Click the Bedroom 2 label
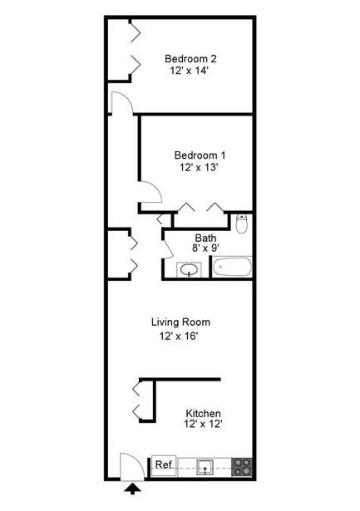[x=190, y=59]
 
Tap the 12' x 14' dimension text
[x=189, y=71]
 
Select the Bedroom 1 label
[x=200, y=155]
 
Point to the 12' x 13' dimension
[x=199, y=167]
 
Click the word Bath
[x=205, y=238]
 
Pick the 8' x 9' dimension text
[x=205, y=248]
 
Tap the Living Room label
[x=180, y=322]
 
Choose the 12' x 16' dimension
[x=179, y=336]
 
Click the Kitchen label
[x=203, y=414]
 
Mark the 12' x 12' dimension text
[x=203, y=424]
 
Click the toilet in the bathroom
[x=242, y=224]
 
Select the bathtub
[x=233, y=267]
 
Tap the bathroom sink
[x=189, y=270]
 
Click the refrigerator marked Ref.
[x=164, y=465]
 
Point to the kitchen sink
[x=205, y=467]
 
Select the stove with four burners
[x=242, y=467]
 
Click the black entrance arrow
[x=132, y=489]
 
